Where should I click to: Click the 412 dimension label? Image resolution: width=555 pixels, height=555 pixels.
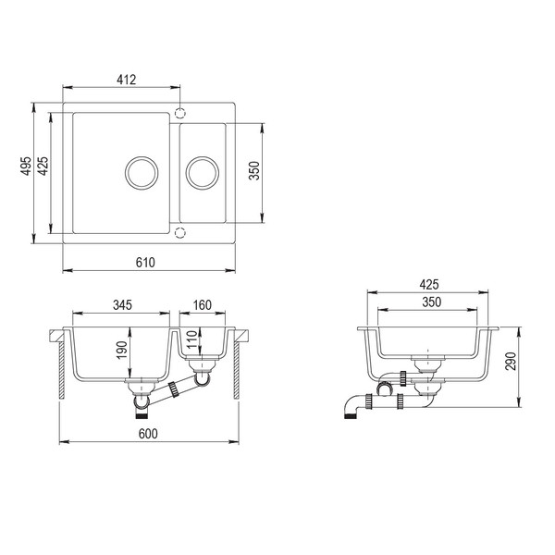click(x=127, y=80)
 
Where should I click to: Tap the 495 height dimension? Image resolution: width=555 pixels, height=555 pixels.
click(x=26, y=166)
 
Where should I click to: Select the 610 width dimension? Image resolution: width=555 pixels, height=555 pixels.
click(x=145, y=263)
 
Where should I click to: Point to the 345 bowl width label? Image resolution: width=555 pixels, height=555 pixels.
click(x=122, y=304)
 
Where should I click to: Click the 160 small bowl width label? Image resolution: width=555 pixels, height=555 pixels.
click(x=203, y=304)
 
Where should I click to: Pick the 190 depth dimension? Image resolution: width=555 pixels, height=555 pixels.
click(x=122, y=350)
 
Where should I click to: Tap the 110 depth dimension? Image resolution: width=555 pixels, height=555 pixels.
click(x=191, y=339)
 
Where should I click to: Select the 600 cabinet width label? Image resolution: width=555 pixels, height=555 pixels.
click(x=148, y=434)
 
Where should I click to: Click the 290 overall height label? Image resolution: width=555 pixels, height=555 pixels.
click(x=511, y=361)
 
